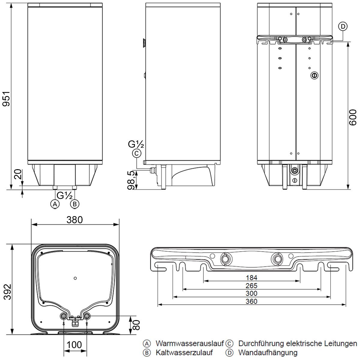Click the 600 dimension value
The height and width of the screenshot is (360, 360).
click(x=353, y=117)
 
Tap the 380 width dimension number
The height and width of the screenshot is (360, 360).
click(x=74, y=220)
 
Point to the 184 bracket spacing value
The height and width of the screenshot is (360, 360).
click(x=251, y=278)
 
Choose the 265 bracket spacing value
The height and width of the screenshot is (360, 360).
click(x=251, y=286)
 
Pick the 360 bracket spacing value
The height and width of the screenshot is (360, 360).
click(x=251, y=301)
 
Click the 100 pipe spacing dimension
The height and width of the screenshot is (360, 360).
click(x=74, y=345)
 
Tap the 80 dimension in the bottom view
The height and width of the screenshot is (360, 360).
click(x=136, y=325)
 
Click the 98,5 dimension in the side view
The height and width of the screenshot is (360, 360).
click(x=132, y=181)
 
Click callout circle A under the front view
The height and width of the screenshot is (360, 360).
click(x=55, y=204)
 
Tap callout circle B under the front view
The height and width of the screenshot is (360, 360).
click(x=74, y=204)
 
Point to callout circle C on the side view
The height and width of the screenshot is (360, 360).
click(x=136, y=153)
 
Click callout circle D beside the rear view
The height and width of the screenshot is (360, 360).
click(x=343, y=26)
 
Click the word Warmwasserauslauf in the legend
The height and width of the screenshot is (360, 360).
click(x=190, y=343)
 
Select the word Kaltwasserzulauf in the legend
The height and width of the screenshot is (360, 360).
click(x=184, y=352)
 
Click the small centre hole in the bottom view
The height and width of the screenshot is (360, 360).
click(x=75, y=278)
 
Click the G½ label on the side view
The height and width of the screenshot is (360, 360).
click(x=136, y=144)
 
